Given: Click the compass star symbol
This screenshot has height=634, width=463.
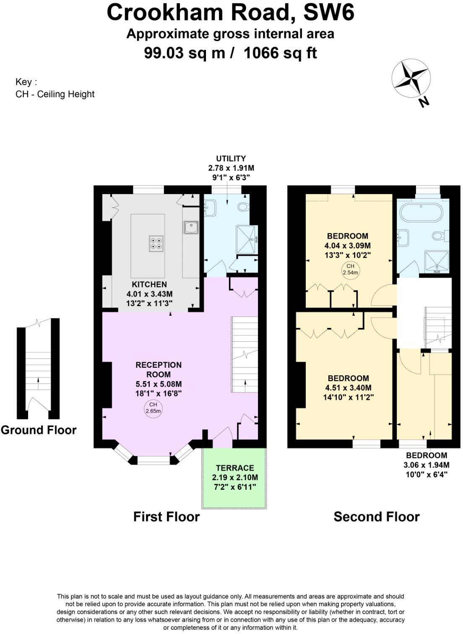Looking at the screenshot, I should click(411, 79).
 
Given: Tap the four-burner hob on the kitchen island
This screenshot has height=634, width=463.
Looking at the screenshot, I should click(156, 244).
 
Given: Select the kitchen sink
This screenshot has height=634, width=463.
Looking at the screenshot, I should click(190, 227).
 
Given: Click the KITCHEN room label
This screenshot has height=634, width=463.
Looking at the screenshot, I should click(149, 284).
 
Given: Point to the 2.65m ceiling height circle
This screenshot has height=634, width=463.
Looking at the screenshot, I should click(153, 408).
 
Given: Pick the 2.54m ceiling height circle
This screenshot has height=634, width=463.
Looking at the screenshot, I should click(350, 269).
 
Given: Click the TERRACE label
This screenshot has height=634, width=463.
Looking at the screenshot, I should click(235, 468).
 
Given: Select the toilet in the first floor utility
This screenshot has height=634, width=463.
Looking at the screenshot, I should click(243, 207).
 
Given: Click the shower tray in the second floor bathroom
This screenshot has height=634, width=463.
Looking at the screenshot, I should click(437, 261).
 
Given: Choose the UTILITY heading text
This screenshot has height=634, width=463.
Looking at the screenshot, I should click(231, 158).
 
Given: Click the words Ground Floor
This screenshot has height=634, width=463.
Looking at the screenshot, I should click(39, 430).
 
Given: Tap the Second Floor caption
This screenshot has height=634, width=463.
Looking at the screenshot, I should click(376, 517).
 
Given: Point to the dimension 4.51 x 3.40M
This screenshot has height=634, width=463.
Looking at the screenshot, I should click(348, 388).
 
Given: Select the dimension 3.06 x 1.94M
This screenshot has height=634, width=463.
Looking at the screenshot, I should click(426, 465).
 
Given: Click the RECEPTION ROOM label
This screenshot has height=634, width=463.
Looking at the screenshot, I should click(159, 369).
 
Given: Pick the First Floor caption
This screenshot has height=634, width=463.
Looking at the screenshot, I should click(166, 517).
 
